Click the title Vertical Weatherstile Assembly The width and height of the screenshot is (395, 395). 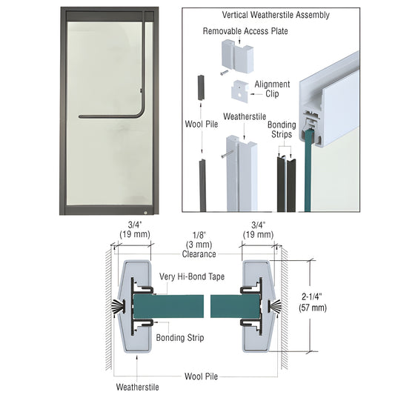coord(276,15)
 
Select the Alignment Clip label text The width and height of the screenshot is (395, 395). coord(271,90)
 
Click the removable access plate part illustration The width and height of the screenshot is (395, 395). coord(236,56)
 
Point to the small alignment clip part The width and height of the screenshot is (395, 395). coord(241,90)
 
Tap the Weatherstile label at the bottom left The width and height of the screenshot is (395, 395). coord(136,386)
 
